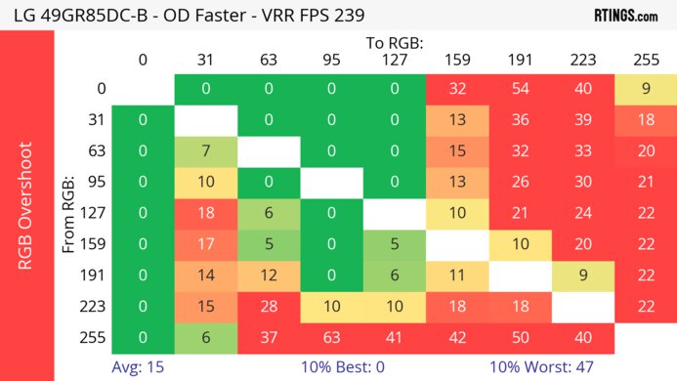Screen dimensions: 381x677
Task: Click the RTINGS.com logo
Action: [625, 15]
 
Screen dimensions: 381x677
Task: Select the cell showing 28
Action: [268, 305]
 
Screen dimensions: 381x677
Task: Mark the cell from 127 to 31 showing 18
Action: [205, 212]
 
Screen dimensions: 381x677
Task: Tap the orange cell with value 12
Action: [268, 274]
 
